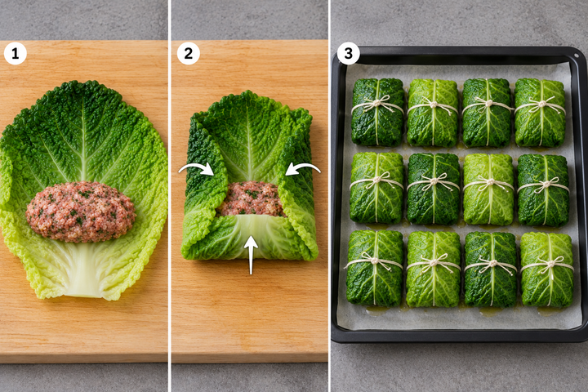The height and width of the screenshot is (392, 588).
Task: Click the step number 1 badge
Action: pyautogui.click(x=16, y=53)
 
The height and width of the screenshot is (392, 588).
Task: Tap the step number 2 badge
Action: pyautogui.click(x=189, y=53)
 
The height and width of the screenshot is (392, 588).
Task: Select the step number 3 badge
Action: pyautogui.click(x=349, y=53)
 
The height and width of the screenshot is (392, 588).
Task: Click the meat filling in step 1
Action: pyautogui.click(x=81, y=212)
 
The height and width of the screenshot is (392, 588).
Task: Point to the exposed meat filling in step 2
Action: pyautogui.click(x=251, y=198)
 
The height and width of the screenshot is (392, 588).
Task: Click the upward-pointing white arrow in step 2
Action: pyautogui.click(x=251, y=255)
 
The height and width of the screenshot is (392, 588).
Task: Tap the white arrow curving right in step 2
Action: pyautogui.click(x=196, y=169)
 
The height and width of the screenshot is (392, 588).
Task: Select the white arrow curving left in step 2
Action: pyautogui.click(x=303, y=169)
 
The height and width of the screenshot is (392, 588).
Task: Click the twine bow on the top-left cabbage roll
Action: pyautogui.click(x=378, y=103)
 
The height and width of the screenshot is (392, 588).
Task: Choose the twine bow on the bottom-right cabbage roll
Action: pyautogui.click(x=548, y=263)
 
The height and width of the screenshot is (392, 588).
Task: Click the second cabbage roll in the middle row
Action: pyautogui.click(x=433, y=189)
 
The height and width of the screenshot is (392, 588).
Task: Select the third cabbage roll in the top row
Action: pyautogui.click(x=487, y=113)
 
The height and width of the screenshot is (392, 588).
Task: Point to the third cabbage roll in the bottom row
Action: pyautogui.click(x=491, y=269)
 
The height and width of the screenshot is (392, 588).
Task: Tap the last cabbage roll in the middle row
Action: pyautogui.click(x=543, y=190)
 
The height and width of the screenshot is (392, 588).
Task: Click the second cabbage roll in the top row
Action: pyautogui.click(x=432, y=113)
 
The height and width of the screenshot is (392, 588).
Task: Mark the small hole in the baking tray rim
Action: pyautogui.click(x=577, y=56)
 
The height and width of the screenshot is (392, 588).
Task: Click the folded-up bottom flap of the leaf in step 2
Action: pyautogui.click(x=251, y=237)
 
